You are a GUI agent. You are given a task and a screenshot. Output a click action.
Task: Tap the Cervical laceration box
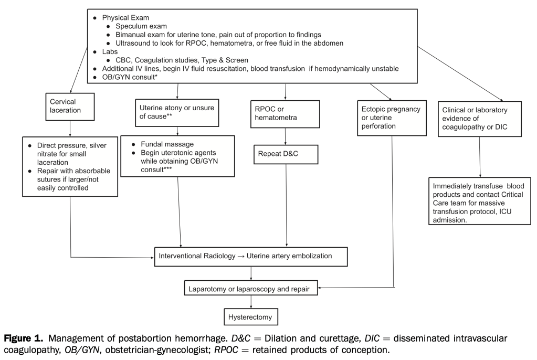70,106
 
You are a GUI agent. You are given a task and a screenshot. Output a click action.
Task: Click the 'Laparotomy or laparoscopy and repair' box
251,288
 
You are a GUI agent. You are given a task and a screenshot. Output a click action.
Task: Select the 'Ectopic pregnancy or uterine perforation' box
391,118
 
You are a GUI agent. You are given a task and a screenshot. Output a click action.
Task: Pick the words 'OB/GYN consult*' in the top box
129,77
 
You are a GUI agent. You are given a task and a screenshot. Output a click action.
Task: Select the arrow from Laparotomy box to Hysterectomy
251,302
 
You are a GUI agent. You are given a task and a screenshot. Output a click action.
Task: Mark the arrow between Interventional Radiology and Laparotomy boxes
251,273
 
